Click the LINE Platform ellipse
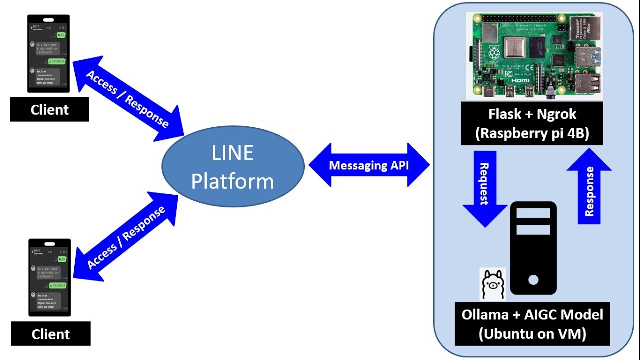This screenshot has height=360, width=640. point(233,166)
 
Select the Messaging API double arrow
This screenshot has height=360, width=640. point(369,165)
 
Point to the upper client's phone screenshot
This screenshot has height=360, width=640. point(48,53)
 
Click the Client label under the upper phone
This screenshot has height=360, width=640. point(50,110)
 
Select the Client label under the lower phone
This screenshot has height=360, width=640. point(51,334)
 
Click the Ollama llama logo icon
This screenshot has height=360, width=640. point(493,284)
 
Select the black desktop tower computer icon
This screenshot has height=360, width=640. point(533,248)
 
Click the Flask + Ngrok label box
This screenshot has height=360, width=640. point(532,123)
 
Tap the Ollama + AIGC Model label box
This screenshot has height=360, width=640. point(532,324)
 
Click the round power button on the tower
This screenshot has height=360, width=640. point(533,280)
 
